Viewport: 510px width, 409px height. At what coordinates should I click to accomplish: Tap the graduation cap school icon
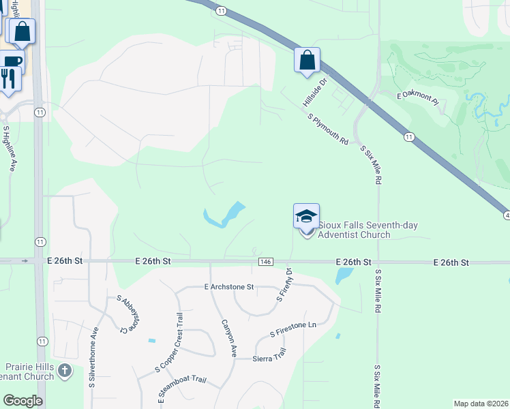coord(306,216)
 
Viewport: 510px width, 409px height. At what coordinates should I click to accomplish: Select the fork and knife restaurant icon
coord(9,79)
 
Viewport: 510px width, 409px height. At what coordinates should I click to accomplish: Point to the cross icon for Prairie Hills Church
coord(64,372)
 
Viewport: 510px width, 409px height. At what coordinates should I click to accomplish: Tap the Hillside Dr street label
coord(315,92)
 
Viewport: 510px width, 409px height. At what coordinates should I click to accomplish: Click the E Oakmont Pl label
coord(418,99)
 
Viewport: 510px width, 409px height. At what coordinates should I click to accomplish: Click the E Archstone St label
coord(228,288)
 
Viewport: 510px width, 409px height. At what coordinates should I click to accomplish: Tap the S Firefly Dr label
coord(284,285)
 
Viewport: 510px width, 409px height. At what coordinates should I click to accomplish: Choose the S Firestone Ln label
coord(293,329)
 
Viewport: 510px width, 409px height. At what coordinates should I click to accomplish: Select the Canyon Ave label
coord(228,339)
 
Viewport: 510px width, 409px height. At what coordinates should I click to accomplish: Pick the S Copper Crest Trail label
coord(170,340)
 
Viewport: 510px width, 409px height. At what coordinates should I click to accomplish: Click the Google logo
coord(22,401)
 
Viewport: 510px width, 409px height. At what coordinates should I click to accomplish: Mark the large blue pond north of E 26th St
coord(224,215)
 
